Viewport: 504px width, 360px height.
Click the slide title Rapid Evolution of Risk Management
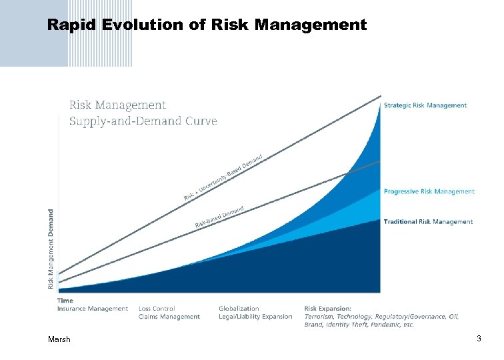click(207, 25)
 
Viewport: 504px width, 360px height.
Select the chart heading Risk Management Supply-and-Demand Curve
click(143, 113)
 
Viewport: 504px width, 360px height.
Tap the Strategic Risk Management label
click(425, 105)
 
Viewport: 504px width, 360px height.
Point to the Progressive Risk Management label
click(429, 191)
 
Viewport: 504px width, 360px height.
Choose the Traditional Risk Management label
click(428, 221)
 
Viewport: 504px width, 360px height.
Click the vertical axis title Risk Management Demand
click(51, 249)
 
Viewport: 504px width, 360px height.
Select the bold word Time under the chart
click(65, 301)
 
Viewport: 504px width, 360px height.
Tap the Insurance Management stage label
click(92, 309)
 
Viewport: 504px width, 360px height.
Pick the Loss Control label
click(157, 309)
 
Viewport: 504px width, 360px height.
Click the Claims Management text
click(169, 317)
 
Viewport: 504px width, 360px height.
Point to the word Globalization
click(239, 309)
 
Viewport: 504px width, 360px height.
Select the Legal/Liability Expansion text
click(255, 317)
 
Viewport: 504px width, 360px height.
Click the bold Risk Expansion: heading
click(327, 309)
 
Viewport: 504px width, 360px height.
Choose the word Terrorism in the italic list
click(319, 317)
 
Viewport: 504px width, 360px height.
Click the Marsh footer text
click(59, 340)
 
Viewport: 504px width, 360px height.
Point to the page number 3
click(479, 339)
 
